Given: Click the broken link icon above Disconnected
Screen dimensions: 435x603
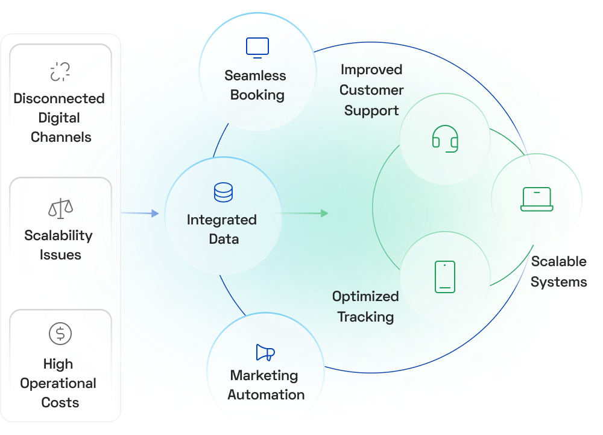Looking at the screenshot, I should [60, 71].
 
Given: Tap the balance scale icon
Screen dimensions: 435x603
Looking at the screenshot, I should [60, 209].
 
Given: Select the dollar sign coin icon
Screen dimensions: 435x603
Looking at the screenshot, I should [60, 333].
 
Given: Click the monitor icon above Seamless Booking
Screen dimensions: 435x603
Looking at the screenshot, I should [257, 48].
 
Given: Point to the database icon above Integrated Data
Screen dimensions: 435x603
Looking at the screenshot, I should [223, 192].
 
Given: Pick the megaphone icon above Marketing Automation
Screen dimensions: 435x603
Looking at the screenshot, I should [265, 353].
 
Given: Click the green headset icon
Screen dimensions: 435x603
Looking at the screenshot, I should [445, 138].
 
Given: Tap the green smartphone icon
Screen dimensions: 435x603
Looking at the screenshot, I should [445, 277].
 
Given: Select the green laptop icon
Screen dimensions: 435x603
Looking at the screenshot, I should [537, 199].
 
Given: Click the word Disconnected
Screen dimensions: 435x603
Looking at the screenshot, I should [59, 98].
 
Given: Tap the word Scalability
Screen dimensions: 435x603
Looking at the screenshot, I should [58, 235].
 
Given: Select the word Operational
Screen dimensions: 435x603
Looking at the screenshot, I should [58, 383].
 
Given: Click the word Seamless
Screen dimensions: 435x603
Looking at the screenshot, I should [255, 75].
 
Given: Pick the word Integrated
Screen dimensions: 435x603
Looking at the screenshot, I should [222, 220].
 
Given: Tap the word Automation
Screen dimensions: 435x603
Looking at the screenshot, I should [266, 395].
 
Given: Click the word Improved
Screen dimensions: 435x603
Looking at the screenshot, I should [371, 69].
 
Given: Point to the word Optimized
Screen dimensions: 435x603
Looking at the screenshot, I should [365, 296].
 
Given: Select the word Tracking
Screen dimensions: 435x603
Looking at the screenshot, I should [365, 317].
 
